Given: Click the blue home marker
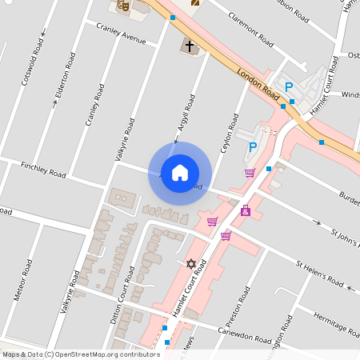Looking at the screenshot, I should pos(180,173).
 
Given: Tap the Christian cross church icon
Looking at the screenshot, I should pos(190,46).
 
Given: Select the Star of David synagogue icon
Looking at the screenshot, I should pos(190,263).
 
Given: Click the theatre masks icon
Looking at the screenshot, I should pos(122,5).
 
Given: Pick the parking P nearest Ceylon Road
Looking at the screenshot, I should pos(253,147).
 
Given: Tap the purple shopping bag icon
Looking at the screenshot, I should pos(245,211).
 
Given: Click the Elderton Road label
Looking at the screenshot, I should pos(66,76).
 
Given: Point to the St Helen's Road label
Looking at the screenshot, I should pos(320,273).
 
